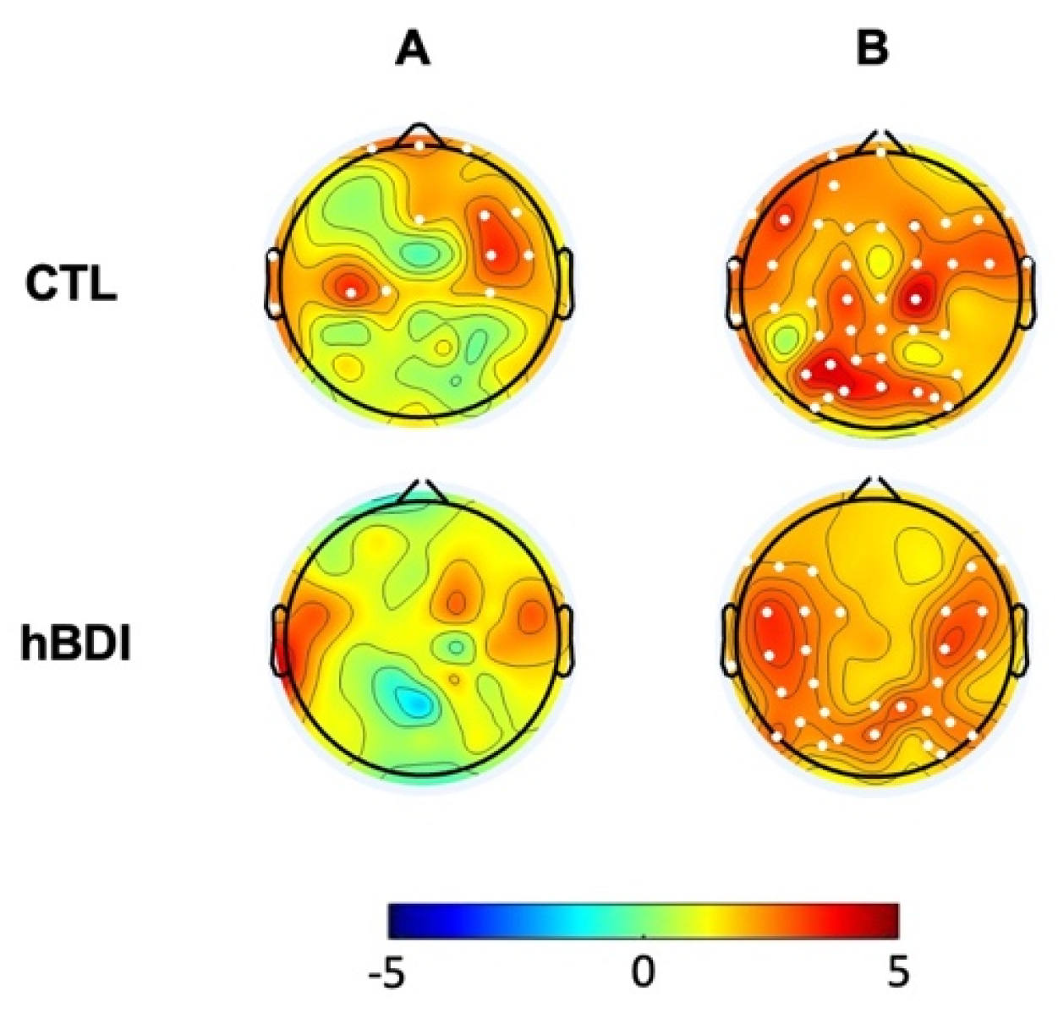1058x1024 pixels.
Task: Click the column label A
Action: [413, 50]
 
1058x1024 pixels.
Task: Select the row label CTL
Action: [71, 286]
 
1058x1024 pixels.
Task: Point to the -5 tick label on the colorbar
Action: [388, 973]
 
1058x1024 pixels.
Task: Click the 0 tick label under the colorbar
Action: [643, 973]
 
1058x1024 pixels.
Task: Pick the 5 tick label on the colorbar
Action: [898, 973]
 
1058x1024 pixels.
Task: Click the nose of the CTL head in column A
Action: [419, 134]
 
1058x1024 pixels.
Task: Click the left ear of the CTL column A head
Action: [274, 283]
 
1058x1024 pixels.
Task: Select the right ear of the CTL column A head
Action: [565, 283]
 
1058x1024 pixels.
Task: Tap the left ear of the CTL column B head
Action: [733, 292]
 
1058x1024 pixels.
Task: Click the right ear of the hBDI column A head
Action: [562, 641]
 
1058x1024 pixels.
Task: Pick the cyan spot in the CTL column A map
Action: [417, 252]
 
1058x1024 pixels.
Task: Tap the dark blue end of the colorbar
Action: [397, 921]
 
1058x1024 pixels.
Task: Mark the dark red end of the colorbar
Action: [890, 921]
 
